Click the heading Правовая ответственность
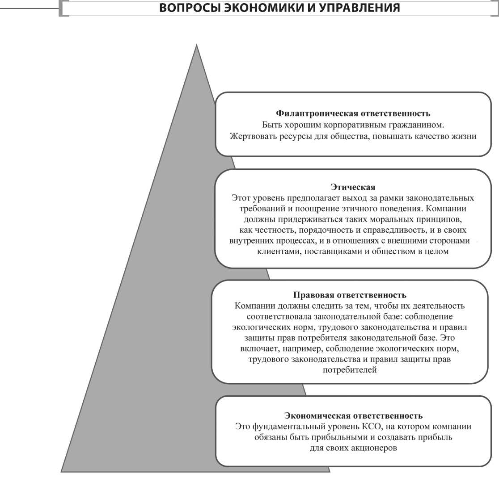coord(350,295)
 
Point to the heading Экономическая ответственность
coord(353,416)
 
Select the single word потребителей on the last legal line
coord(350,370)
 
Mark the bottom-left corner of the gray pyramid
coord(62,471)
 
